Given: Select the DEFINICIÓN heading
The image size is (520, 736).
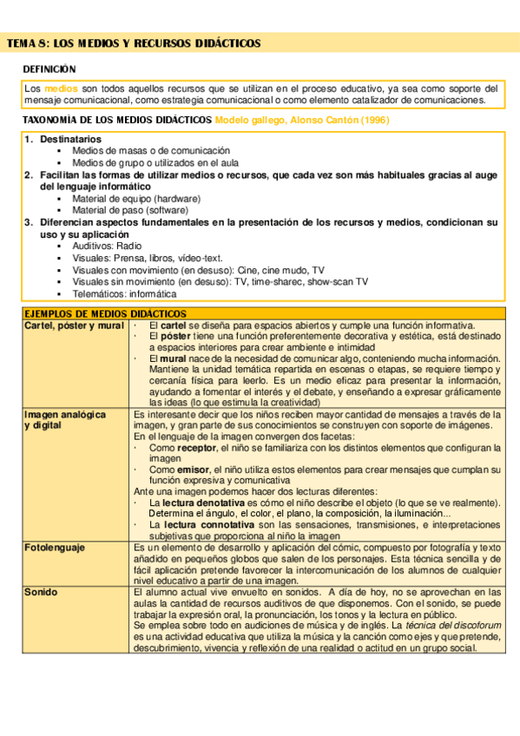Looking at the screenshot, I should pos(49,69).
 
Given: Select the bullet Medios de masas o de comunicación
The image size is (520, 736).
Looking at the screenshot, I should pos(145,151).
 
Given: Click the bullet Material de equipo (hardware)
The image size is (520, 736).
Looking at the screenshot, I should pos(136,199).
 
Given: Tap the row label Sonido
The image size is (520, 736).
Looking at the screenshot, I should pos(41,591).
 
